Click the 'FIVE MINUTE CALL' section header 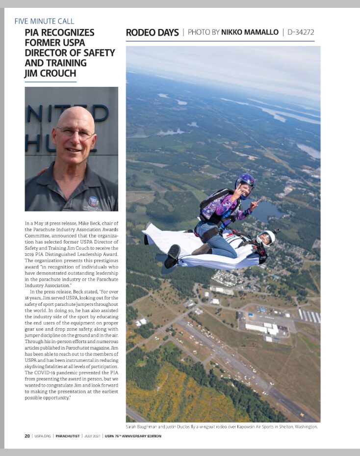pos(45,21)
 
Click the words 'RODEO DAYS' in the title pos(152,33)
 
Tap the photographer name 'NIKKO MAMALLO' pos(250,33)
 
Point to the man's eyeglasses pos(74,132)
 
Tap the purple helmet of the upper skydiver pos(245,181)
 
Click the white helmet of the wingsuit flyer pos(266,237)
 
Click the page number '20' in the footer pos(27,436)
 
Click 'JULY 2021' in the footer pos(95,436)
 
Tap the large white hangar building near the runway pos(257,328)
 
